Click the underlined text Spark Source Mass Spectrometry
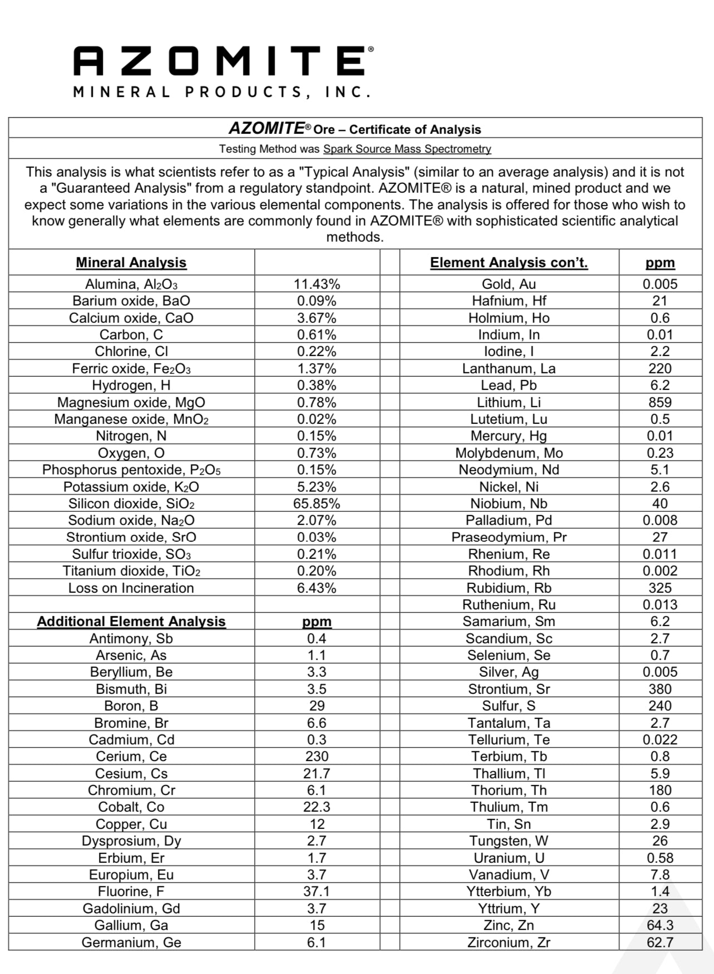[407, 149]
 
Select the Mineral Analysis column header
[131, 263]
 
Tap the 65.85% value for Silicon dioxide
[316, 504]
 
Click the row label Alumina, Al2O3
[131, 284]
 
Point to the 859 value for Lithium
[660, 402]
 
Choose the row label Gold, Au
[509, 284]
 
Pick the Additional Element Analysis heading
[131, 622]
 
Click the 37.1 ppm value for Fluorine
[316, 892]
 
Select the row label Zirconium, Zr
[509, 942]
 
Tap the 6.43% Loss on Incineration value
[316, 588]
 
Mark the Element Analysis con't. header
[509, 263]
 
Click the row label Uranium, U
[509, 858]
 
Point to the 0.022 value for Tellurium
[660, 740]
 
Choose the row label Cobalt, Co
[131, 807]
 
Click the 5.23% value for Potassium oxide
[316, 487]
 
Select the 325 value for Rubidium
[660, 588]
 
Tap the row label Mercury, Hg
[509, 436]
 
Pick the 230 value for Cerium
[316, 757]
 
